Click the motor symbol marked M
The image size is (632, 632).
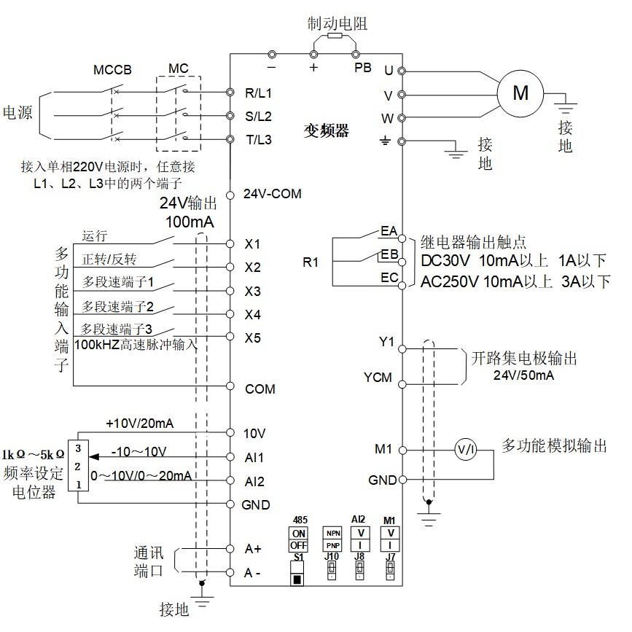click(520, 93)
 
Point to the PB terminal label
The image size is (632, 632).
click(362, 68)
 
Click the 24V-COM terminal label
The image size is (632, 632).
click(272, 195)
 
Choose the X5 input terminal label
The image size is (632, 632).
click(253, 338)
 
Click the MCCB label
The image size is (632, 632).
click(112, 71)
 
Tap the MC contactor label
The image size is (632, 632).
click(179, 69)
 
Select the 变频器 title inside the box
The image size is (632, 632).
click(327, 131)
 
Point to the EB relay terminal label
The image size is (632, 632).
click(389, 254)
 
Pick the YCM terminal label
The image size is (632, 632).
click(378, 378)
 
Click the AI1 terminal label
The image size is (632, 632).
click(254, 458)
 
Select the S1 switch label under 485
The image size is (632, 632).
click(298, 558)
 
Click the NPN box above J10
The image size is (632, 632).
click(332, 532)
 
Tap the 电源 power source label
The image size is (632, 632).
click(18, 113)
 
